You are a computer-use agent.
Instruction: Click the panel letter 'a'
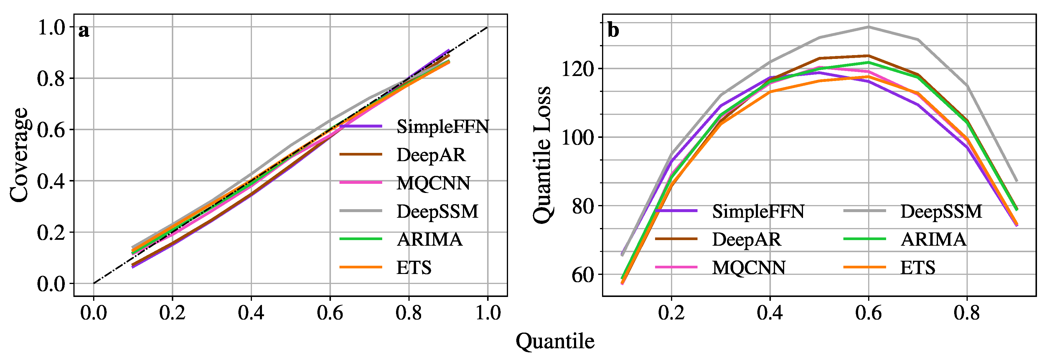point(84,31)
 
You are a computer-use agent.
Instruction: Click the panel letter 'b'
point(613,31)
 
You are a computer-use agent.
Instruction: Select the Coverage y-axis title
point(19,155)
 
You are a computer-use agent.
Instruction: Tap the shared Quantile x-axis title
point(555,341)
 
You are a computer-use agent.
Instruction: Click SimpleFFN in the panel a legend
point(443,127)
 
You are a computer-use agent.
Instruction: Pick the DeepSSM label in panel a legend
point(437,211)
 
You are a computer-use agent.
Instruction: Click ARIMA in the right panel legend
point(933,239)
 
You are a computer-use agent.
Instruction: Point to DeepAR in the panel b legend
point(746,239)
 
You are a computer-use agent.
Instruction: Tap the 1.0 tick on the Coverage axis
point(51,28)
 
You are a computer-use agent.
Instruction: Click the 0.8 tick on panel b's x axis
point(967,313)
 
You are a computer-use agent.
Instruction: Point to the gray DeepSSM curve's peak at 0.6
point(869,27)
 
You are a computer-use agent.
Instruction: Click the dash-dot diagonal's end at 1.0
point(487,28)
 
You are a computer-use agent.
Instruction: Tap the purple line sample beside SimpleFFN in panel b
point(676,211)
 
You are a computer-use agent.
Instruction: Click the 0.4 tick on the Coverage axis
point(51,181)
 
